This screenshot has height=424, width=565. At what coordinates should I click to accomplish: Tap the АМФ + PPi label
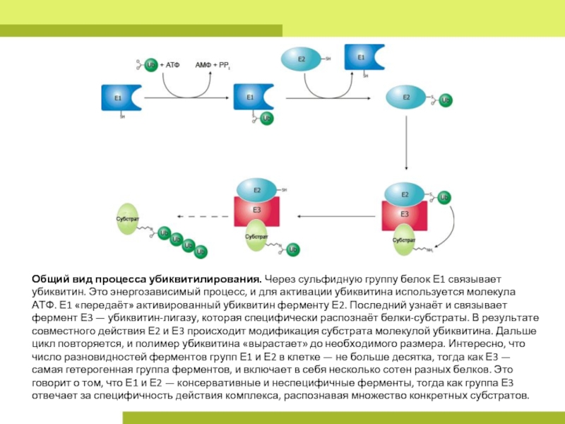(213, 65)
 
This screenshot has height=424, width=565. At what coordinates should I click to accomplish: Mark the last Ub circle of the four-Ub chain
(201, 252)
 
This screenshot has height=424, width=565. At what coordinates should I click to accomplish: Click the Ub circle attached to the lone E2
(445, 100)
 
